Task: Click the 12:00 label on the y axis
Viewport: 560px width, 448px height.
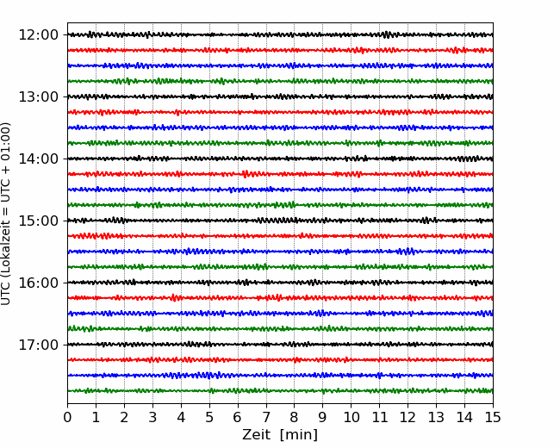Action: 38,35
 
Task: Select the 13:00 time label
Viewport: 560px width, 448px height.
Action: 38,96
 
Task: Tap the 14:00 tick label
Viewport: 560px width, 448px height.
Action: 38,159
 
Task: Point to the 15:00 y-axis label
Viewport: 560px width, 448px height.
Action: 38,221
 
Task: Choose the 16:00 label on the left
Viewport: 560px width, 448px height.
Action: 38,283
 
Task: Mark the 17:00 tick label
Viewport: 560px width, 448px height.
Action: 38,345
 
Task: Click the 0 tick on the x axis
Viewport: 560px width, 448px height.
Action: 67,417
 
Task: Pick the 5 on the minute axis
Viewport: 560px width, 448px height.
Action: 209,417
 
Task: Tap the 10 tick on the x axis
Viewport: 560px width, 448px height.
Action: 351,417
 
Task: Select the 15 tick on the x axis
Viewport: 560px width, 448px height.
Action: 493,417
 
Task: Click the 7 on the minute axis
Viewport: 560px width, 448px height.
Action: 266,417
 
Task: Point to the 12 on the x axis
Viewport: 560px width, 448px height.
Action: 408,417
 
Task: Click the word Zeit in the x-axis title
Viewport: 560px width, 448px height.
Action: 257,435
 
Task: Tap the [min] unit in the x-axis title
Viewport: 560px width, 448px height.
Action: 299,435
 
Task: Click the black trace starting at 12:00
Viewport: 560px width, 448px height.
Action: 280,34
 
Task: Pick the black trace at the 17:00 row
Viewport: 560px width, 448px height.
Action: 280,345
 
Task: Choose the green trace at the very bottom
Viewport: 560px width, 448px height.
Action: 280,391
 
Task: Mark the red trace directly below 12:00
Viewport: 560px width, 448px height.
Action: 280,50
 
